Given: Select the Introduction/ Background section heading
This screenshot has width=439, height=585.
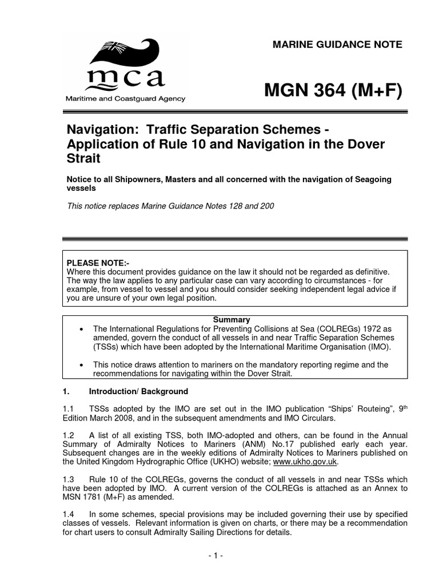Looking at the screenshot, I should coord(138,391).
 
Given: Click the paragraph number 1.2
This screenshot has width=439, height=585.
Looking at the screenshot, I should coord(68,435).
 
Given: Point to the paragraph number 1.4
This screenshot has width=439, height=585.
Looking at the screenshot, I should coord(68,515).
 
